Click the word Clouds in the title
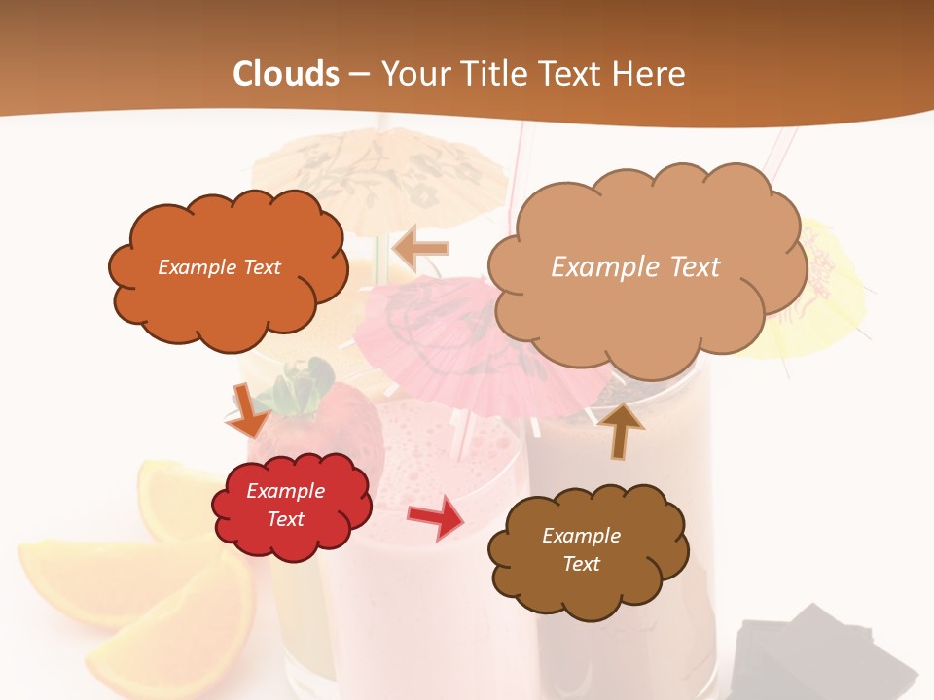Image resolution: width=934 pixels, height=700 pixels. pos(285,74)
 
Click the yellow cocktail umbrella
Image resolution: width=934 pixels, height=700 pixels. pos(827,292)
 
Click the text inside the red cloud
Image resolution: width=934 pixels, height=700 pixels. pos(285,506)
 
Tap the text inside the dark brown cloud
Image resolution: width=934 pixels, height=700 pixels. pos(581,550)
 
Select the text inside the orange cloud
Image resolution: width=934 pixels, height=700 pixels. pos(219,267)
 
